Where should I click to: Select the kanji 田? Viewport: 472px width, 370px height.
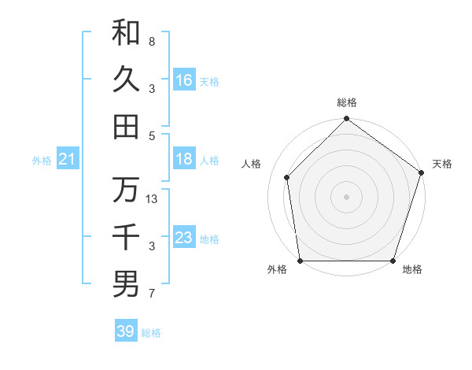click(x=126, y=126)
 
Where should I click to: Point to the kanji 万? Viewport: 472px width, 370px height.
click(x=126, y=190)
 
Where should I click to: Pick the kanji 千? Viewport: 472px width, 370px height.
click(x=126, y=237)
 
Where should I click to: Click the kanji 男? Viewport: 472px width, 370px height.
click(x=126, y=284)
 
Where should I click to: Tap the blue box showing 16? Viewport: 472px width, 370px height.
click(x=184, y=80)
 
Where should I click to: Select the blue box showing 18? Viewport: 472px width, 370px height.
click(x=184, y=159)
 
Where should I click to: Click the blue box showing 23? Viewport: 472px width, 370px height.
click(x=184, y=238)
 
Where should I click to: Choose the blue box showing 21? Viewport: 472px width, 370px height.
click(x=68, y=160)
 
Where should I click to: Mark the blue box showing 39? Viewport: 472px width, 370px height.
click(x=125, y=331)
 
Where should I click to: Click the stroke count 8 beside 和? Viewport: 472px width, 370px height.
click(x=152, y=41)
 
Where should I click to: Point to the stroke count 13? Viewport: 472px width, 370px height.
click(x=153, y=199)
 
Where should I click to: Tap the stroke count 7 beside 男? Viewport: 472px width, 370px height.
click(x=152, y=294)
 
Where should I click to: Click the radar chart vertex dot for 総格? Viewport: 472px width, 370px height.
click(x=346, y=120)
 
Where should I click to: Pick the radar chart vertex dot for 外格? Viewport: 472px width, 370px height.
click(x=300, y=261)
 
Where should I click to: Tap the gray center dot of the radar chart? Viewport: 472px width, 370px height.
click(x=346, y=197)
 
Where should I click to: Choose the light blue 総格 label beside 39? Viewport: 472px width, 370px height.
click(x=151, y=333)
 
